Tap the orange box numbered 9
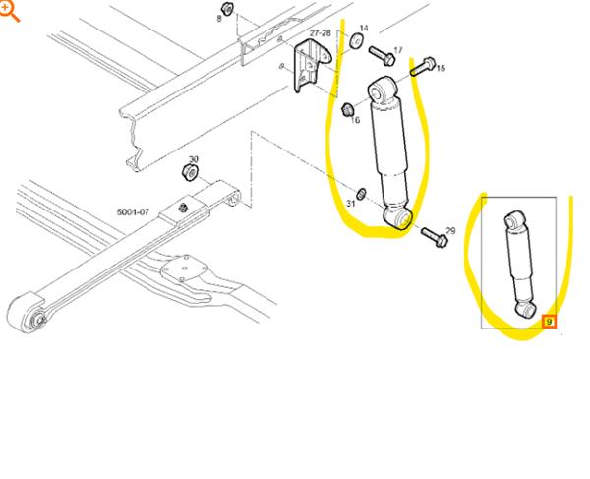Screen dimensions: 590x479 click(549, 322)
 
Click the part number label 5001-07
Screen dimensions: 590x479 click(133, 212)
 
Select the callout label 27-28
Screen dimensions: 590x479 click(320, 33)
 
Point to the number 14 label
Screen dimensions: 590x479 click(364, 29)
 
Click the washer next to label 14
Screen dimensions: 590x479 click(356, 40)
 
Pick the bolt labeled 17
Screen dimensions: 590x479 click(382, 55)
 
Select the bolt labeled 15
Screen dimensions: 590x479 click(423, 66)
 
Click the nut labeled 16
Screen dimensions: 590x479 click(347, 110)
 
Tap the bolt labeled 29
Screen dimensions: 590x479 click(434, 237)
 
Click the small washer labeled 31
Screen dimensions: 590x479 click(361, 194)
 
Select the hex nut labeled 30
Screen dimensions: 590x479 click(190, 172)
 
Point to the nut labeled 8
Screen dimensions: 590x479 click(227, 8)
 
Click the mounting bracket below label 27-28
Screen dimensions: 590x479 click(311, 65)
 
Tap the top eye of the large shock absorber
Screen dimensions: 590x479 click(382, 90)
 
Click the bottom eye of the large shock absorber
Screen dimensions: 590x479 click(398, 217)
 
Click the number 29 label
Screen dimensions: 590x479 click(450, 231)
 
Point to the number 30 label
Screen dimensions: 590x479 click(194, 159)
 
